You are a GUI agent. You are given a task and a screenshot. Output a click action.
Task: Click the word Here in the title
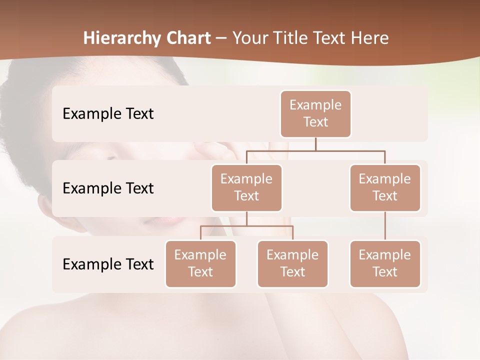[x=369, y=38]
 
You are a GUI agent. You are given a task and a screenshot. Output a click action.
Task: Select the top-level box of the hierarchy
[x=315, y=114]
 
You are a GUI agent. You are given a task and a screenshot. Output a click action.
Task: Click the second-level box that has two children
[x=246, y=188]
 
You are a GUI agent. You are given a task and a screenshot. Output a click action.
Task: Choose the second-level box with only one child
[x=385, y=188]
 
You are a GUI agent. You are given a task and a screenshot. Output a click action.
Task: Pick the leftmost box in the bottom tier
[x=200, y=264]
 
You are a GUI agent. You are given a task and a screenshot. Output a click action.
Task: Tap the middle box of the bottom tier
[x=292, y=264]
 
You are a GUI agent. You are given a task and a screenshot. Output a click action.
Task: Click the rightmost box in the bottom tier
[x=385, y=264]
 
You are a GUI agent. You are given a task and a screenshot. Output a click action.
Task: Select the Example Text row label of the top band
[x=108, y=114]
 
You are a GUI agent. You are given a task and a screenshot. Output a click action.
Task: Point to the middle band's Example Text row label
[x=108, y=188]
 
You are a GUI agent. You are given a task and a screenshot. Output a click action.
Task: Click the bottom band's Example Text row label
[x=108, y=264]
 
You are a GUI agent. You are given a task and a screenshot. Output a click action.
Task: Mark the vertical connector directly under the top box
[x=315, y=144]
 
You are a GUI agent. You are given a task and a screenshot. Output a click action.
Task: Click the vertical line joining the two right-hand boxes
[x=385, y=226]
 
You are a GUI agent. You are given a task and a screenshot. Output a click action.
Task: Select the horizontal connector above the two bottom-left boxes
[x=246, y=226]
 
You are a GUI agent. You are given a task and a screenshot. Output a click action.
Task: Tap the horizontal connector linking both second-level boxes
[x=315, y=150]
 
